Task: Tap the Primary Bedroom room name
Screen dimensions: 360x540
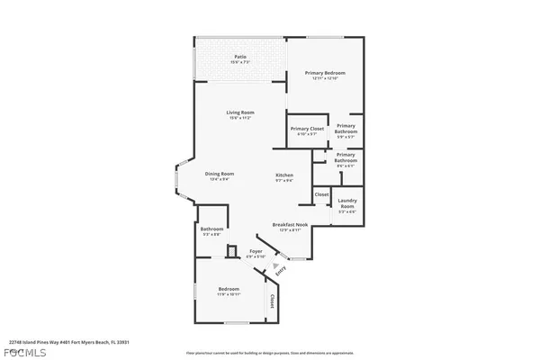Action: tap(324, 73)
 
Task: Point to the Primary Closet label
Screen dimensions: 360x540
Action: tap(307, 129)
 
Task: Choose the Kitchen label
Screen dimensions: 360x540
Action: tap(284, 174)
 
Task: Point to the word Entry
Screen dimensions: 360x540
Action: tap(281, 270)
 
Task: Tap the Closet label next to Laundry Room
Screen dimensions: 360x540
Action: tap(321, 194)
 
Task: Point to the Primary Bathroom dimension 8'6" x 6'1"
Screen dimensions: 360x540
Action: tap(346, 165)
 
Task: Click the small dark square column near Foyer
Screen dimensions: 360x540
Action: tap(231, 251)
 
